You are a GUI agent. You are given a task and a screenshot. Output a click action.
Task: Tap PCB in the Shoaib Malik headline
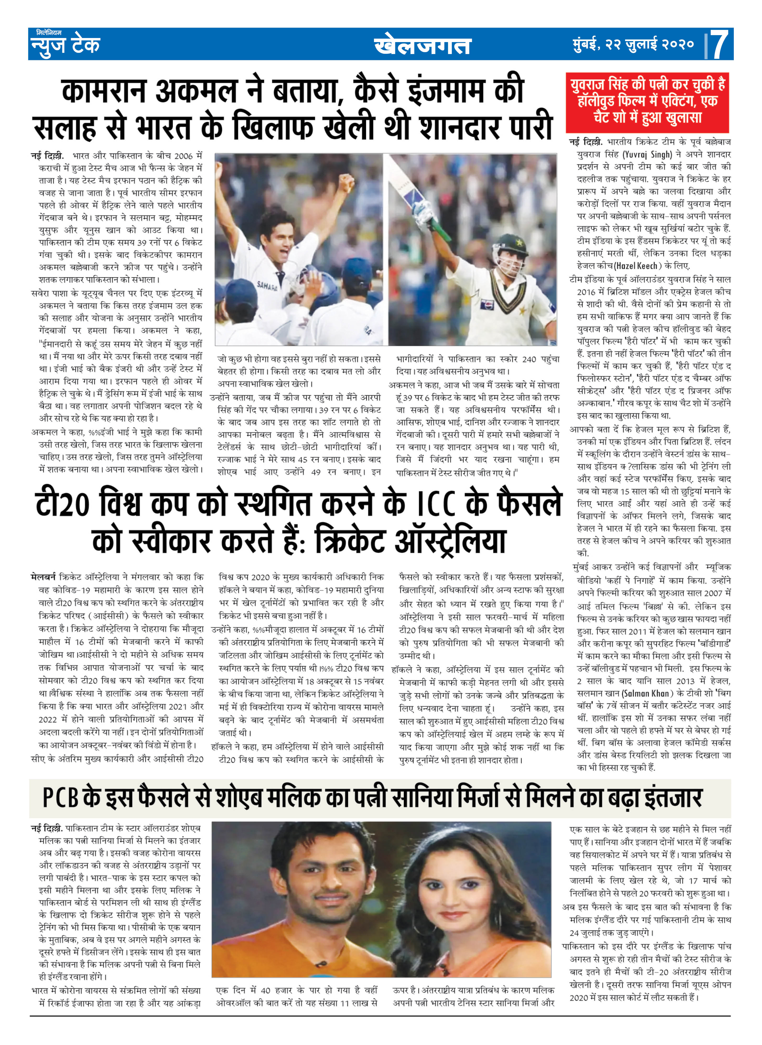tap(60, 798)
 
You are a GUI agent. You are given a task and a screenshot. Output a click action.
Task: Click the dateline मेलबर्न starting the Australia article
tap(43, 577)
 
